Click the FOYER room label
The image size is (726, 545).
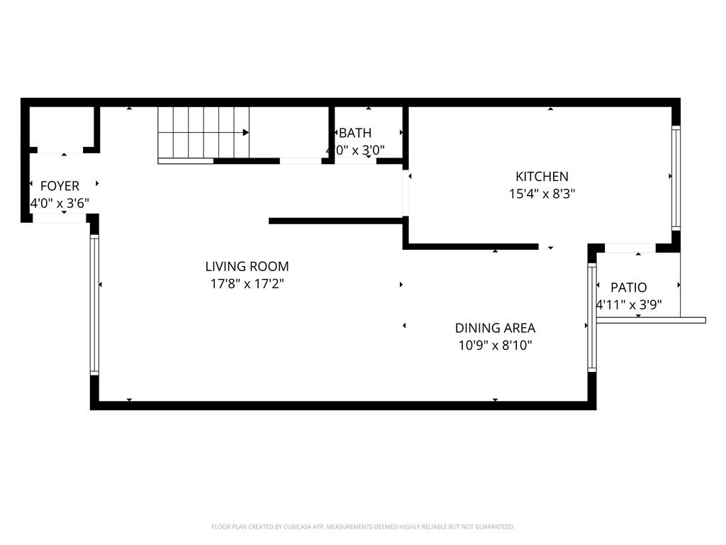[x=60, y=186]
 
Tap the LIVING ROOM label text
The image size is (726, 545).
[x=247, y=267]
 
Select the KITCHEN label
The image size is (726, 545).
[x=542, y=177]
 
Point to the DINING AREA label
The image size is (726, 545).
[x=495, y=328]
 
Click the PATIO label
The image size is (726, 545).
[x=629, y=287]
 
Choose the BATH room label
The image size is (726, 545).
[x=355, y=133]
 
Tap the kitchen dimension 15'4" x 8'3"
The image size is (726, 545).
[x=542, y=194]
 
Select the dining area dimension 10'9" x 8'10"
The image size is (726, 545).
[x=495, y=346]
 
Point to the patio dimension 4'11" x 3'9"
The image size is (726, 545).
[x=629, y=305]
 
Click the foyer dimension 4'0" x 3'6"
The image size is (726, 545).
[x=60, y=204]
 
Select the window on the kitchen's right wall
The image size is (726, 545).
[x=676, y=177]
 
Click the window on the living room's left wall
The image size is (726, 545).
[x=94, y=305]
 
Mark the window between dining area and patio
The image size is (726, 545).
[x=591, y=317]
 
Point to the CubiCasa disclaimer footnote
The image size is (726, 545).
[x=363, y=527]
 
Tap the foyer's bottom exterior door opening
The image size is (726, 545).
[x=60, y=219]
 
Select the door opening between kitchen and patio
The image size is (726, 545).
[x=630, y=248]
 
